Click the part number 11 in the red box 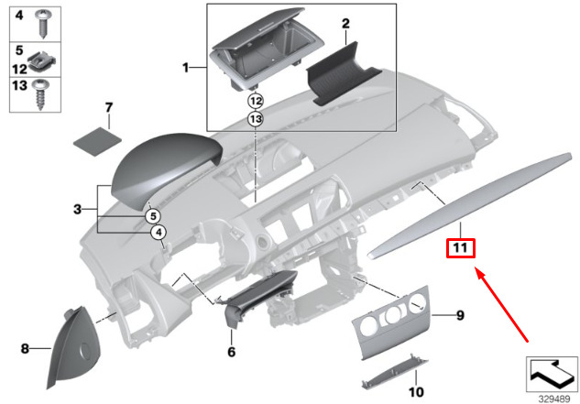[459, 248]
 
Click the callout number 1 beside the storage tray [186, 68]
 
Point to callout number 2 [346, 22]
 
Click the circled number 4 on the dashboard [159, 233]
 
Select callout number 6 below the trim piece [232, 351]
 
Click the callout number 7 [108, 109]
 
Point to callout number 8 [25, 348]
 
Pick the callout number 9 [460, 316]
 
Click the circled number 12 [256, 100]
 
